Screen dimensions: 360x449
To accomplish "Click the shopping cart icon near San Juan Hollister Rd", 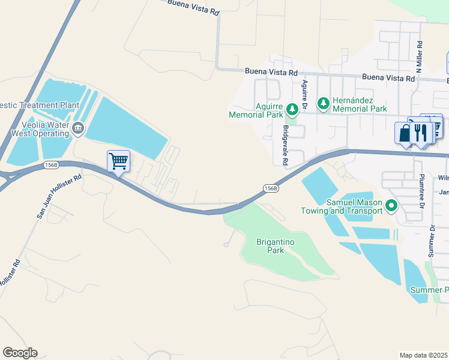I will click(x=118, y=160).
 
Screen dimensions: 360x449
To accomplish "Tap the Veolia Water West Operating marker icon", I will click(x=78, y=128).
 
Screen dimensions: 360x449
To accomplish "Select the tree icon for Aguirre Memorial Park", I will click(x=292, y=109).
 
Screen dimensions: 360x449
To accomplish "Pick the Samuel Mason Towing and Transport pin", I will click(x=391, y=206).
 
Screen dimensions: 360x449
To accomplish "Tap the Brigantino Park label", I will click(x=270, y=247).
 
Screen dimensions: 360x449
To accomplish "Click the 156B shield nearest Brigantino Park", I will click(x=271, y=188).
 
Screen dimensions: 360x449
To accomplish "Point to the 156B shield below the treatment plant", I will click(x=52, y=164).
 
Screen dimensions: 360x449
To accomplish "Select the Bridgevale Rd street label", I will click(x=285, y=146).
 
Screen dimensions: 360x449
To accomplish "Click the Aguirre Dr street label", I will click(x=305, y=94).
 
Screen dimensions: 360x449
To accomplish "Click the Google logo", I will click(x=20, y=353).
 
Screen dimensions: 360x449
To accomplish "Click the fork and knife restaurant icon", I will click(x=421, y=133).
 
